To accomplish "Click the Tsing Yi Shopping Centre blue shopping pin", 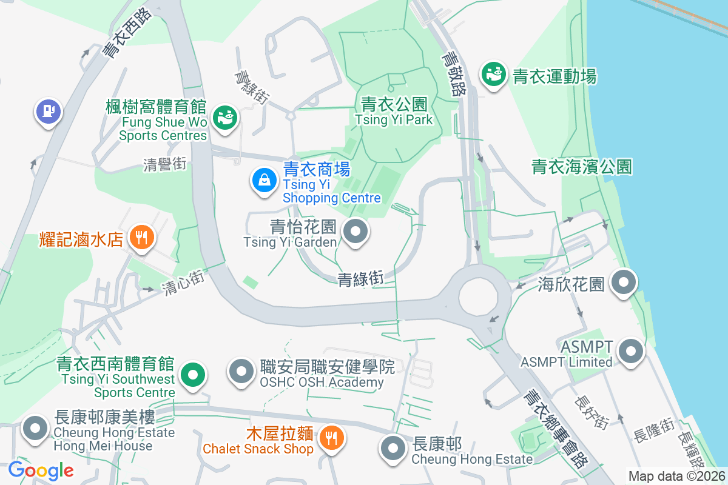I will click(264, 180).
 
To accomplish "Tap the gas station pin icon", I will click(48, 111).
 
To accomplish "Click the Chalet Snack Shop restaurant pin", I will click(331, 437).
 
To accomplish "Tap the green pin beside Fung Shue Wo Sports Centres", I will click(225, 116).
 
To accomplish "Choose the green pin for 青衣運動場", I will click(494, 75).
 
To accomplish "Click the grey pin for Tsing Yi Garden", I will click(356, 231).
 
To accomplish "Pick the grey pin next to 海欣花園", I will click(623, 282).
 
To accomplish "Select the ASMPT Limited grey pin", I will click(632, 351).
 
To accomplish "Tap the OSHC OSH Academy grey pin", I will click(241, 372).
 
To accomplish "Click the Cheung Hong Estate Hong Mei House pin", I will click(35, 429).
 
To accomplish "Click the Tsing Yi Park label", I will click(394, 112).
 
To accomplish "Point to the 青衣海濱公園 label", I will click(582, 167).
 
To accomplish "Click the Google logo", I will click(41, 470).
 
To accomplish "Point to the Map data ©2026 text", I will click(676, 477).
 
